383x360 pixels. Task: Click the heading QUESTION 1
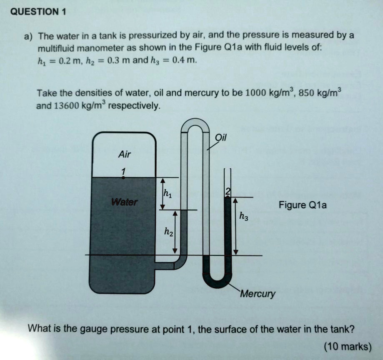38,11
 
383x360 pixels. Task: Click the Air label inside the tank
124,155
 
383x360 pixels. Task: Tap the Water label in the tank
124,203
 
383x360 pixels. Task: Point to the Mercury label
258,294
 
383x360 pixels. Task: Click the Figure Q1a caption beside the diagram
303,205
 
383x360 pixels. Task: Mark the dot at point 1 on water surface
124,177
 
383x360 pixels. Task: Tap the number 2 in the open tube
227,191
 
